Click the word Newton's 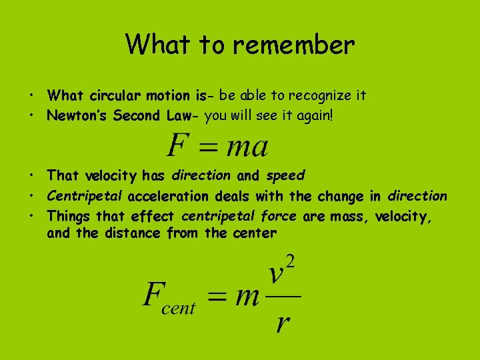coord(77,116)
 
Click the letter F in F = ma coord(177,145)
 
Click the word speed coord(285,176)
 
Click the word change coord(341,196)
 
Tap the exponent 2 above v coord(290,260)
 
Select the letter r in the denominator coord(283,323)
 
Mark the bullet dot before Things coord(32,216)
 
